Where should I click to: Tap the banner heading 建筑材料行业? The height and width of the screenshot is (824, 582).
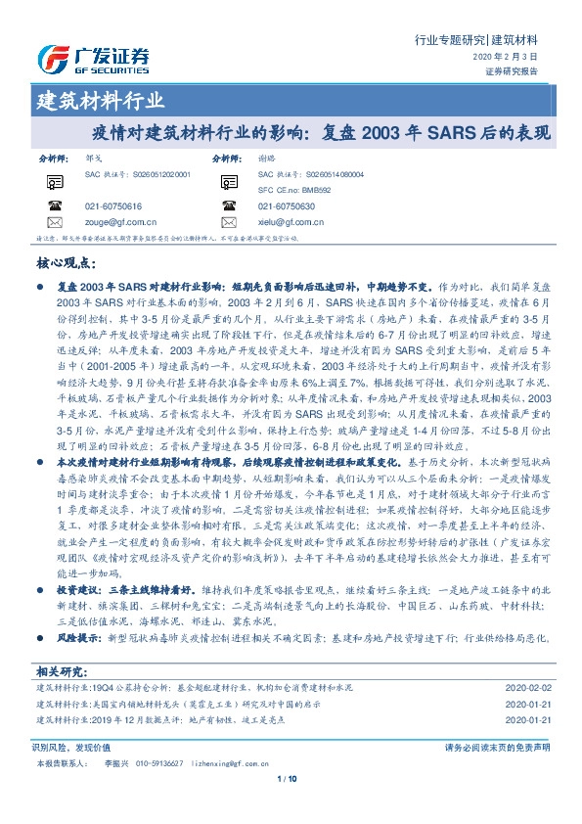(x=100, y=101)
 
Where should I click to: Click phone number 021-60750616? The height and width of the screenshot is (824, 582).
(x=113, y=206)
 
